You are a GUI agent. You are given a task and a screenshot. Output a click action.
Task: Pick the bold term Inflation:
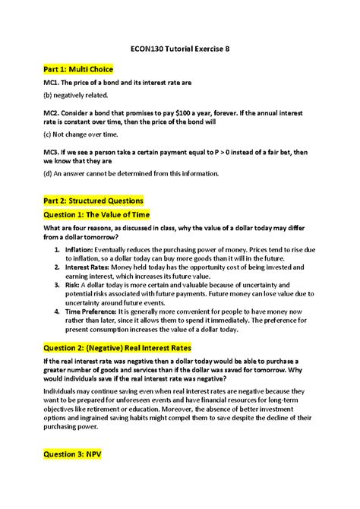click(x=80, y=249)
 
